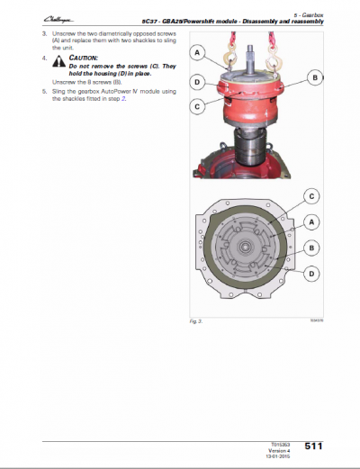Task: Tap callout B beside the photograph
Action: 314,78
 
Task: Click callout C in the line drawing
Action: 310,195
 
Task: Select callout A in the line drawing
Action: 310,221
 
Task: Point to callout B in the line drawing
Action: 310,247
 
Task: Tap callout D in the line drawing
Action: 310,273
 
